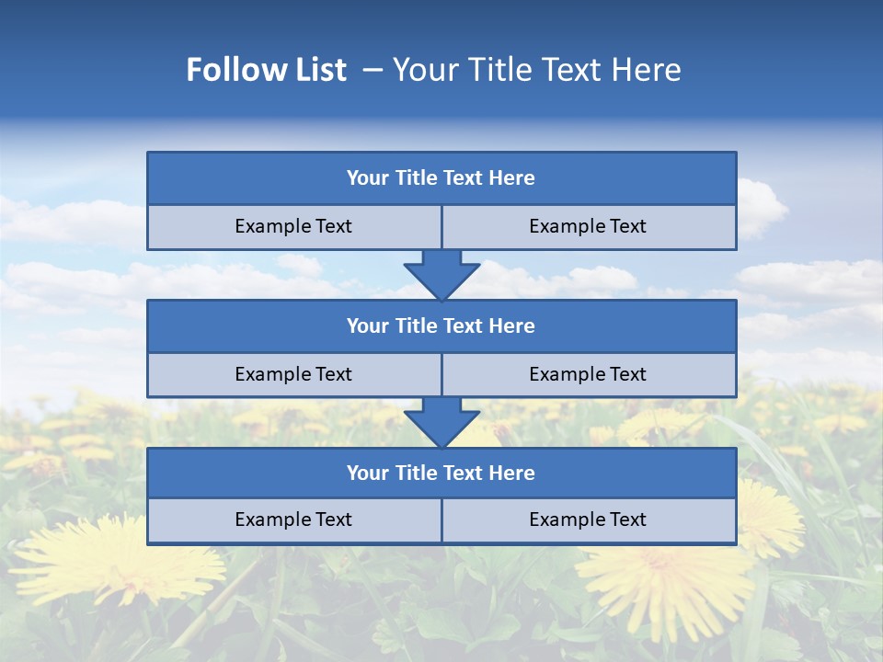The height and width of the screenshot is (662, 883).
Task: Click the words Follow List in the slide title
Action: point(267,70)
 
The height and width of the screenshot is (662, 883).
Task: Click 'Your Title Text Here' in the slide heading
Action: point(537,70)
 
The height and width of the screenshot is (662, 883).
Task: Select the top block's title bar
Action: point(441,178)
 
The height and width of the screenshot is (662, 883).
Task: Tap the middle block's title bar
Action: point(441,326)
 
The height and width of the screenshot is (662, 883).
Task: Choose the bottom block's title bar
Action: point(441,474)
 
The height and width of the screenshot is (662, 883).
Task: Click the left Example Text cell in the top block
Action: point(293,227)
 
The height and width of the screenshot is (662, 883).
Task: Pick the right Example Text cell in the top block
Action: point(588,227)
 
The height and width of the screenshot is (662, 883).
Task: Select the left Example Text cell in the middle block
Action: point(293,375)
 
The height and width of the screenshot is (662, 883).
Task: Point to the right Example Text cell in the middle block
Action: point(588,375)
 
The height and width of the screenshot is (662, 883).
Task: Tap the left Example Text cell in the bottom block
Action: point(293,520)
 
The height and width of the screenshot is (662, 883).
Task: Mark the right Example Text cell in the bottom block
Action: point(588,520)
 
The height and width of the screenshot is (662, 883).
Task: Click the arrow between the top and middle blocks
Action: point(441,274)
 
